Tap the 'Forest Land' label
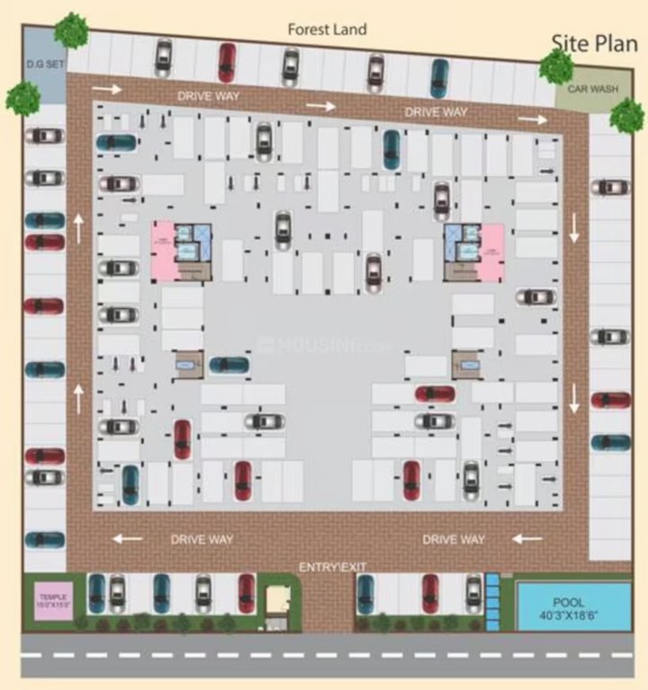(x=327, y=30)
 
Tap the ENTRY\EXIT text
(x=332, y=566)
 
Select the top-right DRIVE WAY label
(x=436, y=112)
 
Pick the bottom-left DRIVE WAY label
(x=202, y=539)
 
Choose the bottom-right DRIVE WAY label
(x=454, y=539)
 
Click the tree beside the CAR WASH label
(x=557, y=66)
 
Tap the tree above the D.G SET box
(x=70, y=31)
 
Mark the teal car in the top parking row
(x=439, y=77)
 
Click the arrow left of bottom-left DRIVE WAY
(x=127, y=539)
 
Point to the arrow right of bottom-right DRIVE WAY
(x=528, y=539)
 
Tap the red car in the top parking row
(x=226, y=62)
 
